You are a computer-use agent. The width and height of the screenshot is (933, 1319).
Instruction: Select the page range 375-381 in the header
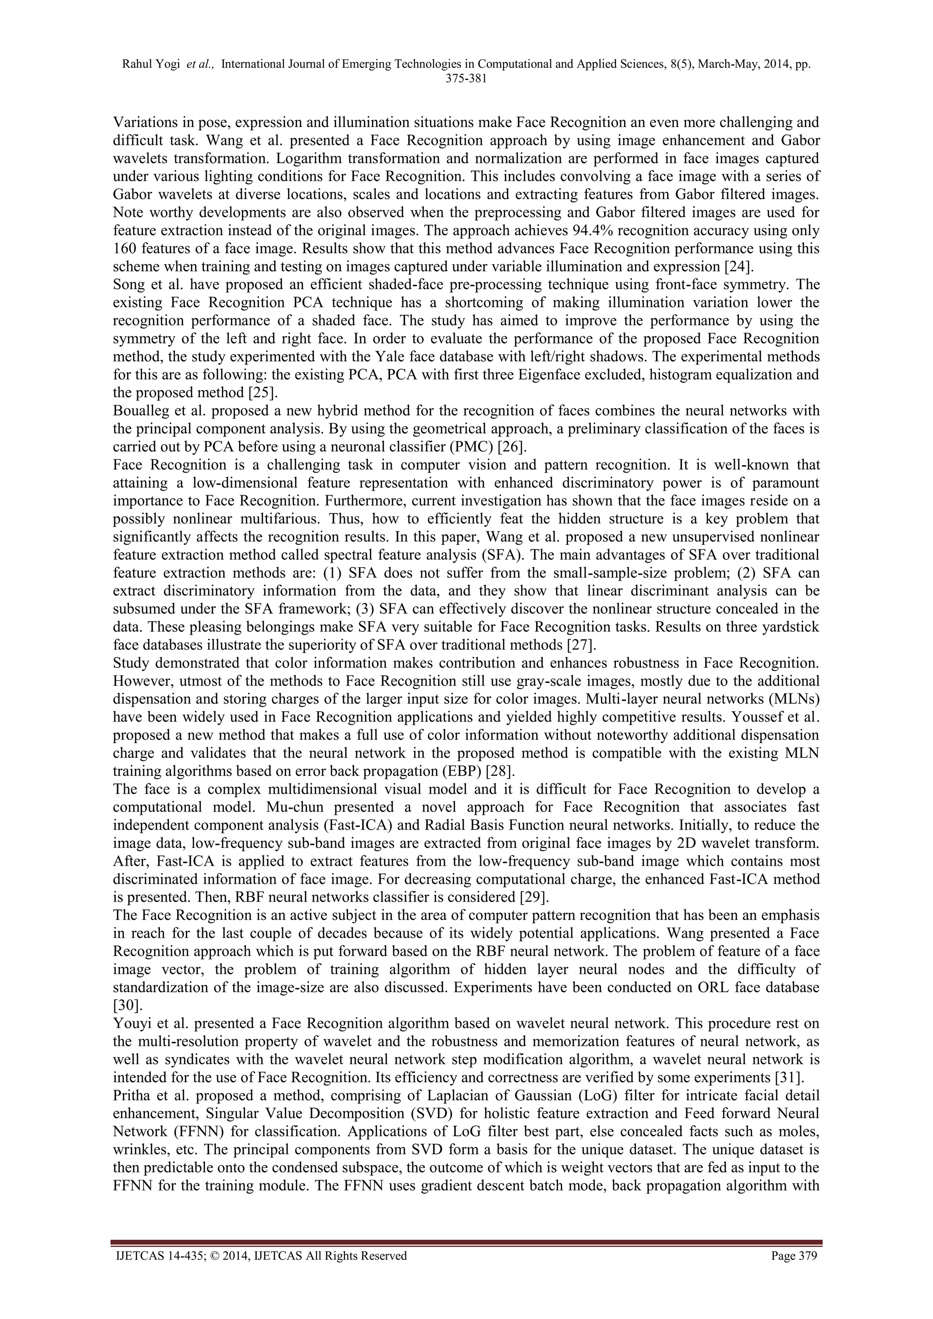466,80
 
